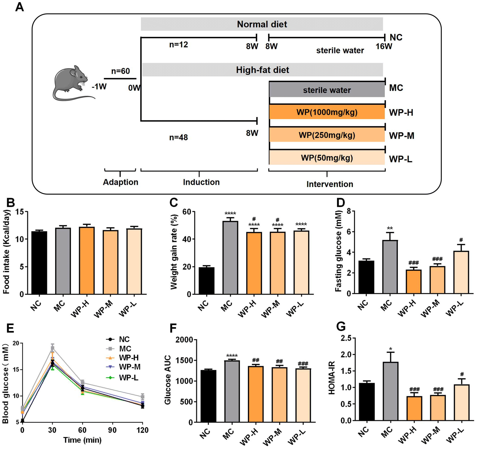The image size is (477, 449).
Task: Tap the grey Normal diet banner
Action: [x=262, y=24]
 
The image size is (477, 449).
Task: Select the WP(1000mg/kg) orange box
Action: [x=327, y=112]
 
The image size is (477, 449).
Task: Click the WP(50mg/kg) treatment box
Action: [x=327, y=158]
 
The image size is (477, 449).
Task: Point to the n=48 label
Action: [x=178, y=137]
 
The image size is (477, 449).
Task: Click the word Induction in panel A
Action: [x=201, y=182]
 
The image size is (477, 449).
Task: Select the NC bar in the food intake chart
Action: [x=39, y=263]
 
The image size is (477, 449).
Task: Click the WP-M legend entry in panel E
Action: [x=123, y=367]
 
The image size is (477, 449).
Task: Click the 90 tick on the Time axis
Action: [x=112, y=430]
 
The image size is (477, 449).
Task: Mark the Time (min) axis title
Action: [x=82, y=440]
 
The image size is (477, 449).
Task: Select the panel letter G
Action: [x=341, y=327]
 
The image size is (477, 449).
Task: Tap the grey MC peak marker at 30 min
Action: [x=52, y=348]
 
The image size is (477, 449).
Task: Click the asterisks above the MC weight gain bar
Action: [x=230, y=214]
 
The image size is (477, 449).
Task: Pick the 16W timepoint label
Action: [x=384, y=47]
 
